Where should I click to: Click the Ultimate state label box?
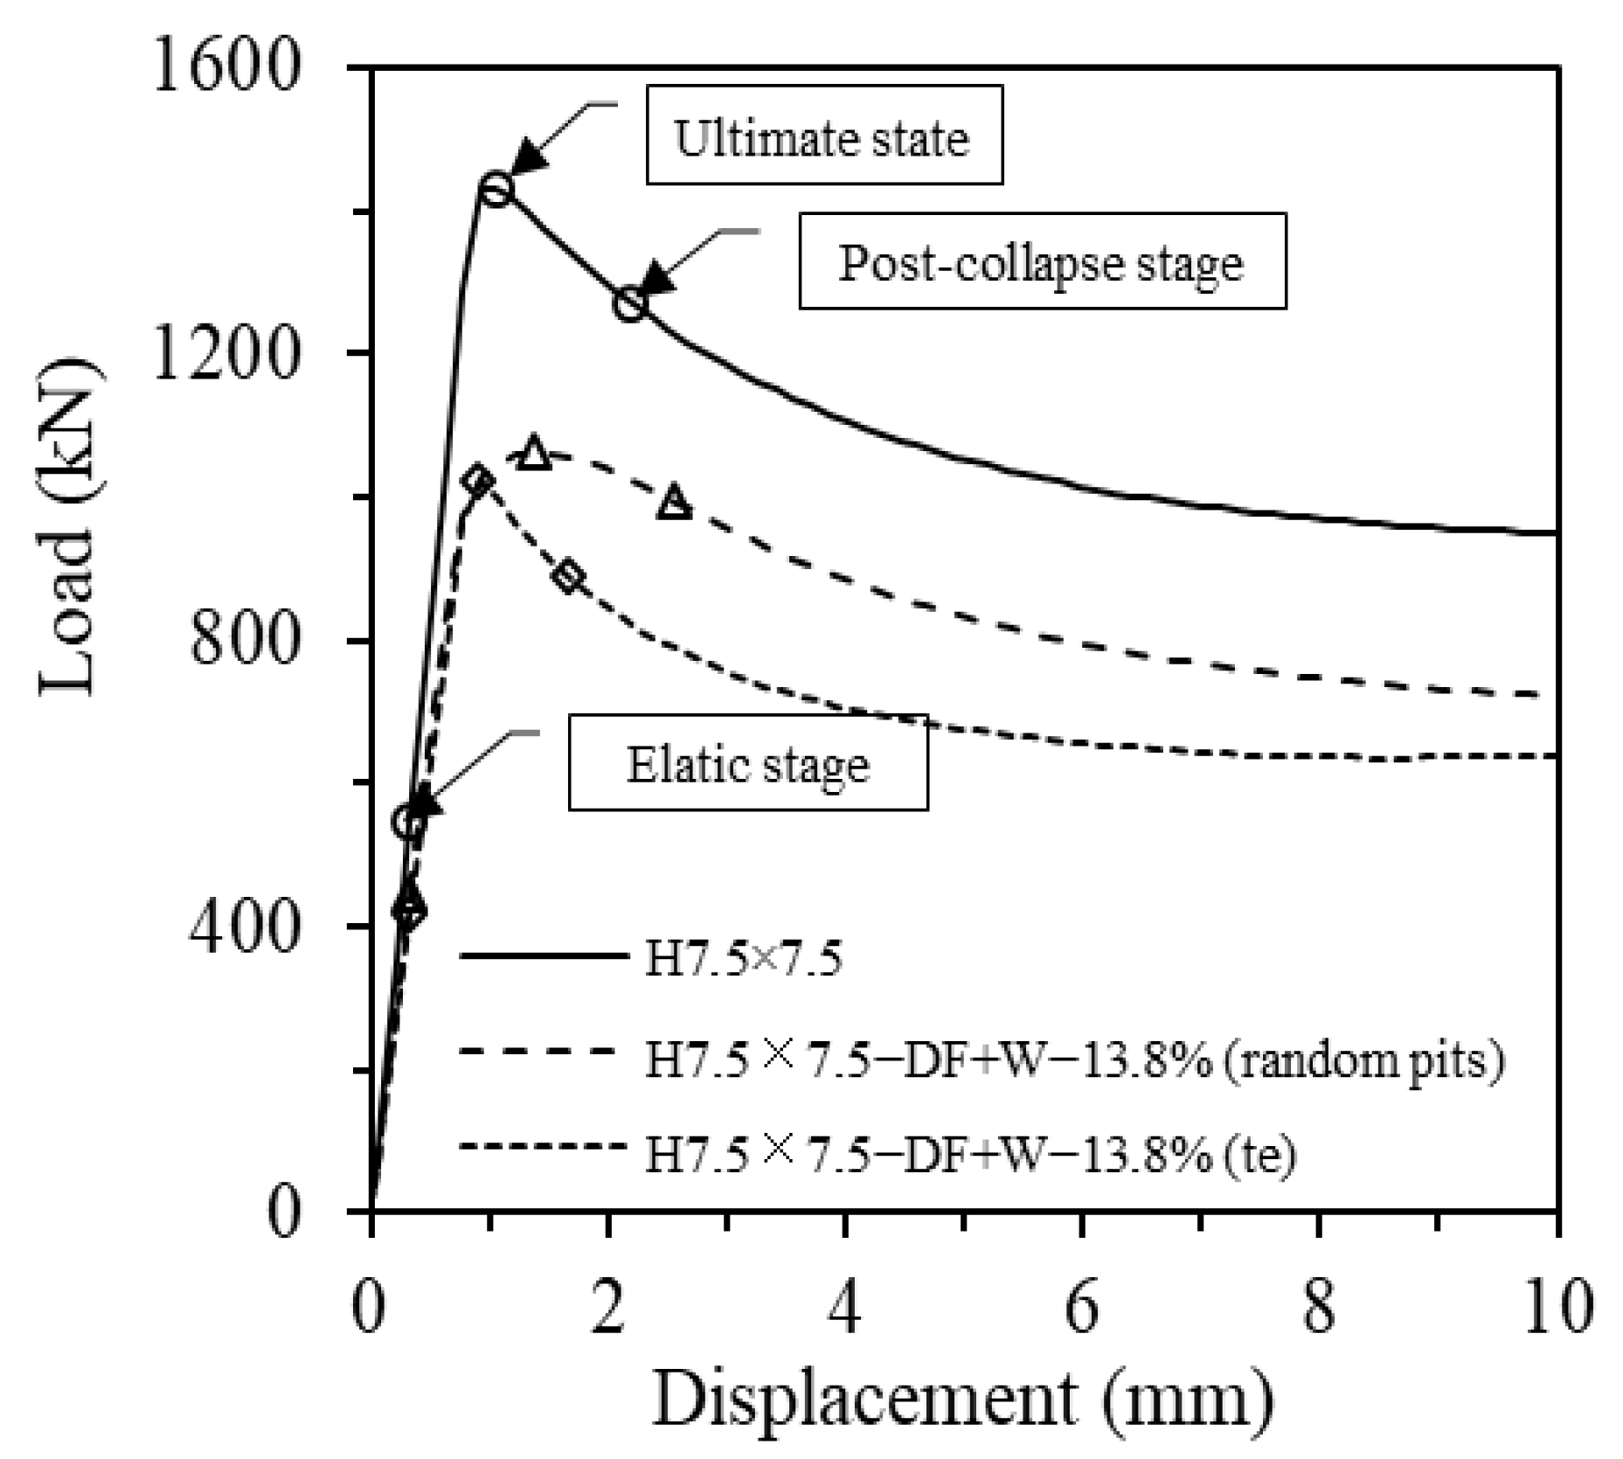point(823,135)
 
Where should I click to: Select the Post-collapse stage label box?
point(1042,261)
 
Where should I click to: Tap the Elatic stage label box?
point(748,762)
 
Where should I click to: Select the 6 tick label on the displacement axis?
point(1082,1309)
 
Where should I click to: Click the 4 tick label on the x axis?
point(845,1309)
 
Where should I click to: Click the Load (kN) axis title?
point(68,526)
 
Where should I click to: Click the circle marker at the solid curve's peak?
point(496,189)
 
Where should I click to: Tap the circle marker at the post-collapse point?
point(630,305)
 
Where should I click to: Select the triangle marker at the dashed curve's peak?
point(534,454)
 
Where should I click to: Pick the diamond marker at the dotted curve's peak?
point(477,480)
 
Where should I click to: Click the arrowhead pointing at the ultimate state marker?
point(527,158)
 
